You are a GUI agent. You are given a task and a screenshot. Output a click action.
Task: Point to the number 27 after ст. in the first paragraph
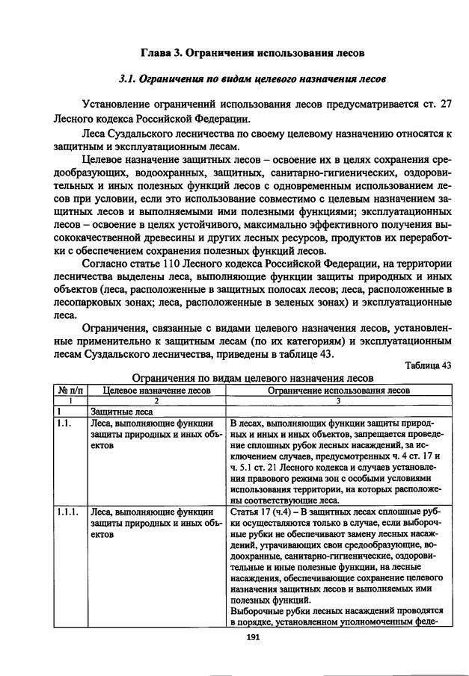446,104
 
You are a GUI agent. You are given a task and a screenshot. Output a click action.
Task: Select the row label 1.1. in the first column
63,423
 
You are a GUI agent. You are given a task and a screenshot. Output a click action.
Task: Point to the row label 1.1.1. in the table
66,512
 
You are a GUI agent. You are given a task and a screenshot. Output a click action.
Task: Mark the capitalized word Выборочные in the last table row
258,610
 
